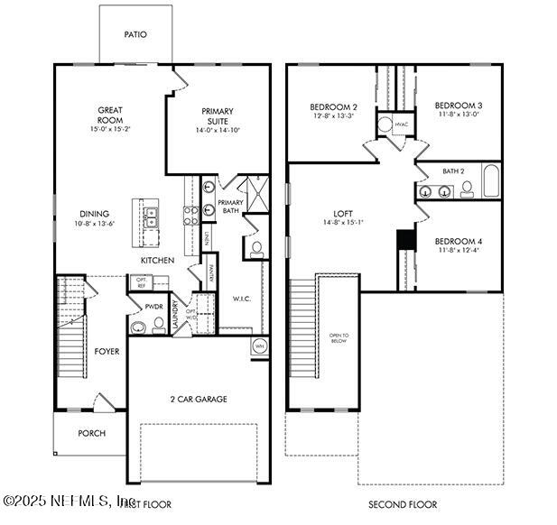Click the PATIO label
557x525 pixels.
tap(135, 35)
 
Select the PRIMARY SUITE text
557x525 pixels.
tap(218, 115)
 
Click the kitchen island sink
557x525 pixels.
tap(151, 216)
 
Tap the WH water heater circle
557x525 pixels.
tap(258, 345)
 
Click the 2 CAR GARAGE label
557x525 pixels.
tap(198, 399)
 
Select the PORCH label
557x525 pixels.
tap(91, 433)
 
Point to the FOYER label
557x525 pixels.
tap(107, 351)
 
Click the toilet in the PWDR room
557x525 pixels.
tap(139, 327)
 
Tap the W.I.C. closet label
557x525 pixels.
tap(241, 299)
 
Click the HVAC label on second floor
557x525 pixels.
tap(400, 125)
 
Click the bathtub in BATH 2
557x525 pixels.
tap(490, 181)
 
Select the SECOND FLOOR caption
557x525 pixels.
tap(402, 504)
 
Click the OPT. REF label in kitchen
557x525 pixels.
tap(142, 283)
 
